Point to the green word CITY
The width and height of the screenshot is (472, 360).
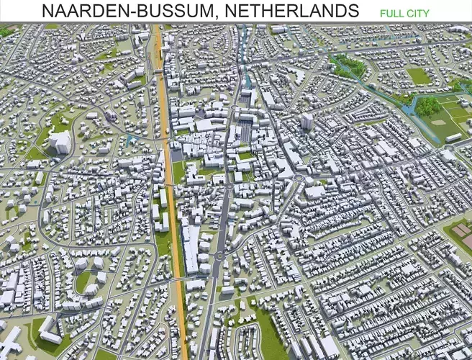point(418,13)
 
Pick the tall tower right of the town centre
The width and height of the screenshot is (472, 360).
point(307,120)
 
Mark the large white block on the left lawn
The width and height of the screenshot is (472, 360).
point(60,142)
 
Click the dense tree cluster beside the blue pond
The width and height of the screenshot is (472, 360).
point(429,107)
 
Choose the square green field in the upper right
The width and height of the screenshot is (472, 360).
point(418,75)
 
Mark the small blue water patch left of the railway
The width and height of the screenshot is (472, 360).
point(130,140)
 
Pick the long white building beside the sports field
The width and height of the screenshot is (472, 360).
point(453,138)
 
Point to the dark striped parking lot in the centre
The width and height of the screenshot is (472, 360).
point(244,132)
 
